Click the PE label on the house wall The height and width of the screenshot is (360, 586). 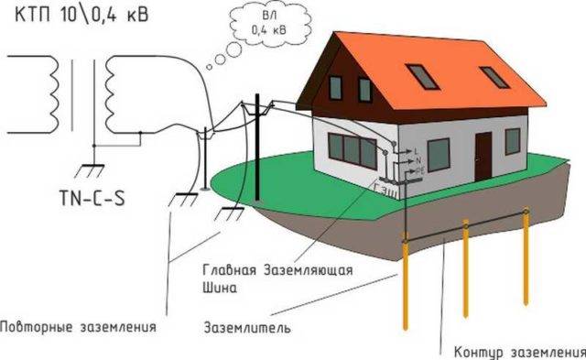coord(418,169)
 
